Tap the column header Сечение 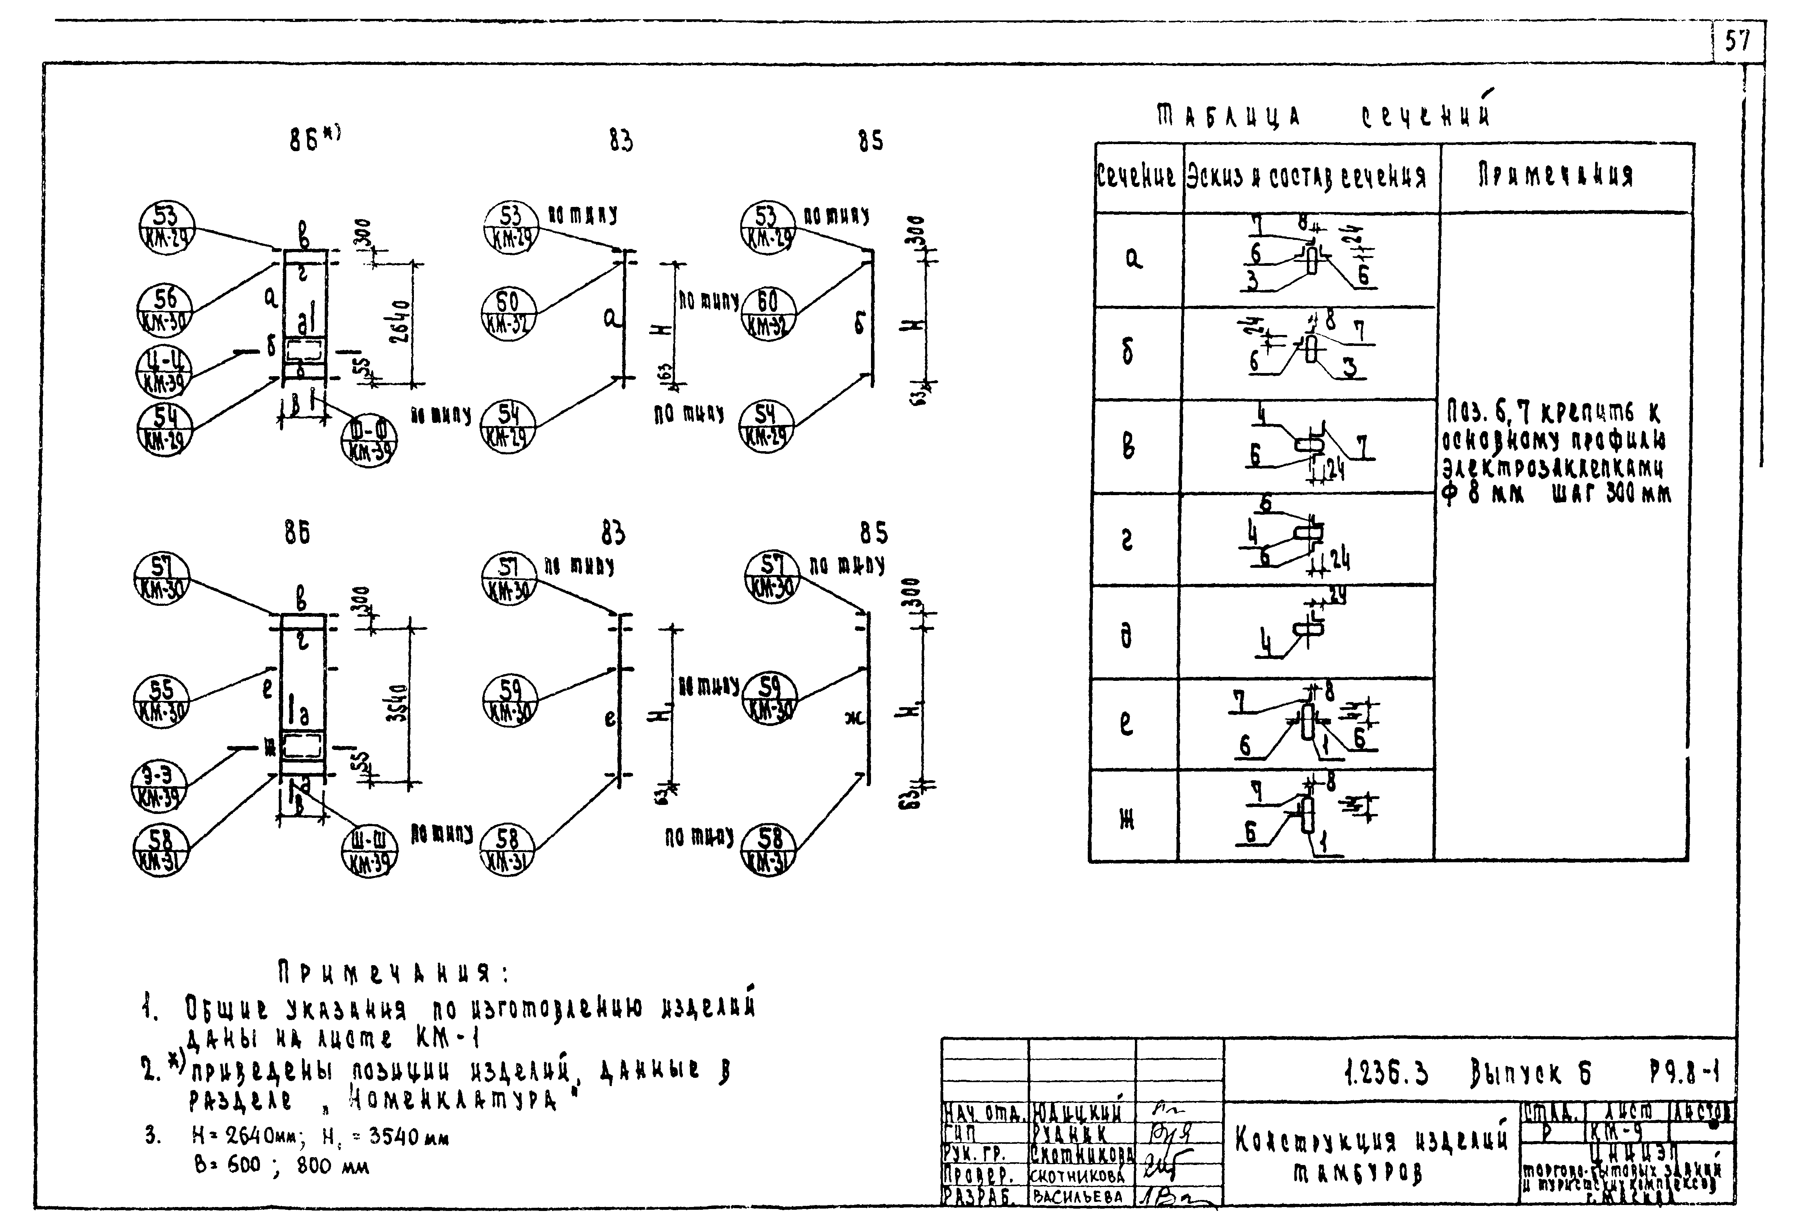[x=1136, y=177]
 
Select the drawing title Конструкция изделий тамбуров [x=1371, y=1156]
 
